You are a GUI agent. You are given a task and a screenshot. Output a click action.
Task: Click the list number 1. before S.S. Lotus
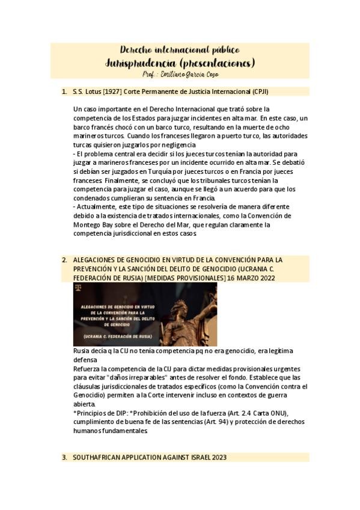[64, 91]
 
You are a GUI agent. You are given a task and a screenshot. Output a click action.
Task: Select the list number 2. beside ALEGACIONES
[64, 260]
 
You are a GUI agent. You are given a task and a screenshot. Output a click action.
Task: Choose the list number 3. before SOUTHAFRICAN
[64, 457]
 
